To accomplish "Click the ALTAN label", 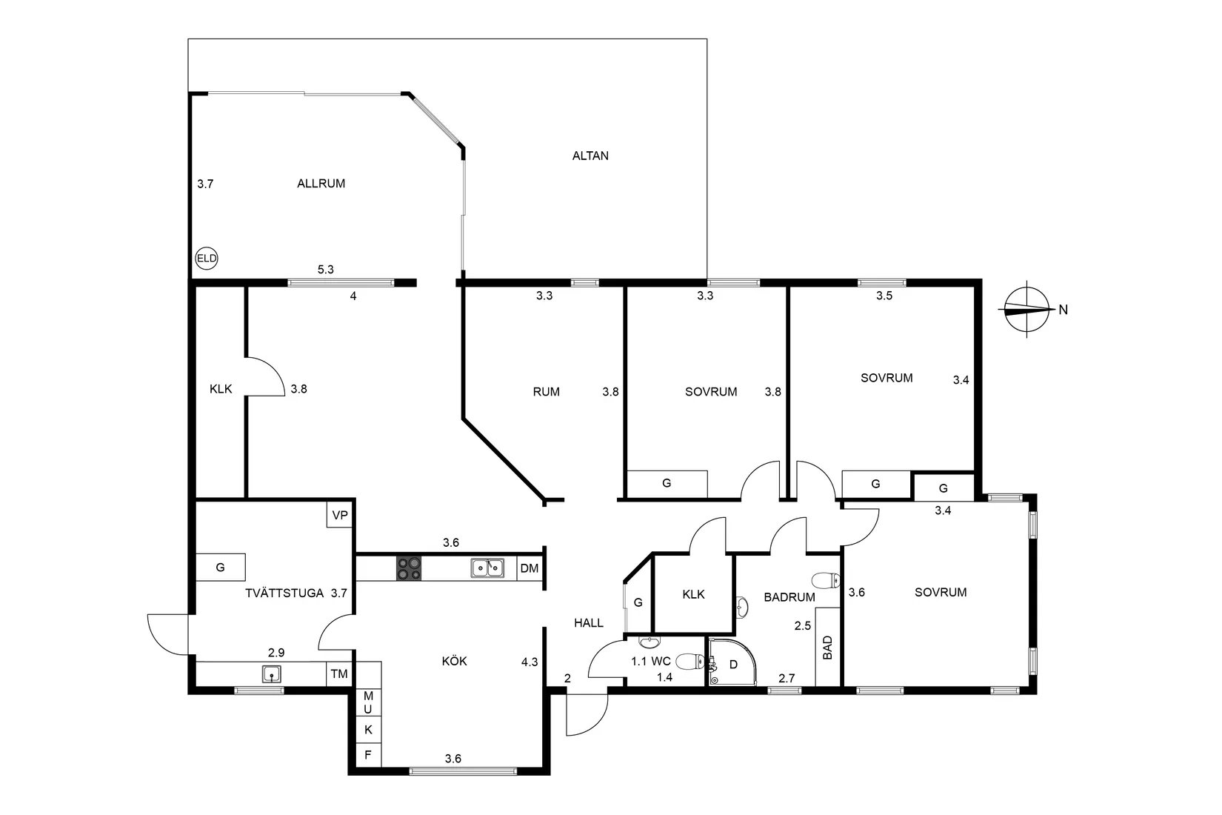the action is click(590, 156).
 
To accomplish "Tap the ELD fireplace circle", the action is click(206, 258).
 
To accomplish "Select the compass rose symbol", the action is click(1026, 310).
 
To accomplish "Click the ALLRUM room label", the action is click(321, 184).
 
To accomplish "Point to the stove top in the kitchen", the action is click(409, 568).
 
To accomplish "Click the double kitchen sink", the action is click(487, 568).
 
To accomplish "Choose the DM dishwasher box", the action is click(530, 568).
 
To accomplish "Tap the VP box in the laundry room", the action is click(340, 515).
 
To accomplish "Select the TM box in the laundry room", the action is click(339, 674).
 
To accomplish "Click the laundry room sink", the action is click(272, 674).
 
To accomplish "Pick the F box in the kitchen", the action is click(368, 755).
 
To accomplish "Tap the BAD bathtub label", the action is click(827, 648).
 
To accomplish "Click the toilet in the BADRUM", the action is click(825, 579).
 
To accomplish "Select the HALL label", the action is click(589, 623).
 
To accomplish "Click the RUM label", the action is click(546, 392).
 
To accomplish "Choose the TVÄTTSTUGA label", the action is click(284, 593).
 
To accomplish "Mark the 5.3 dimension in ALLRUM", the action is click(326, 270).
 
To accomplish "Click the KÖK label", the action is click(455, 661).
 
